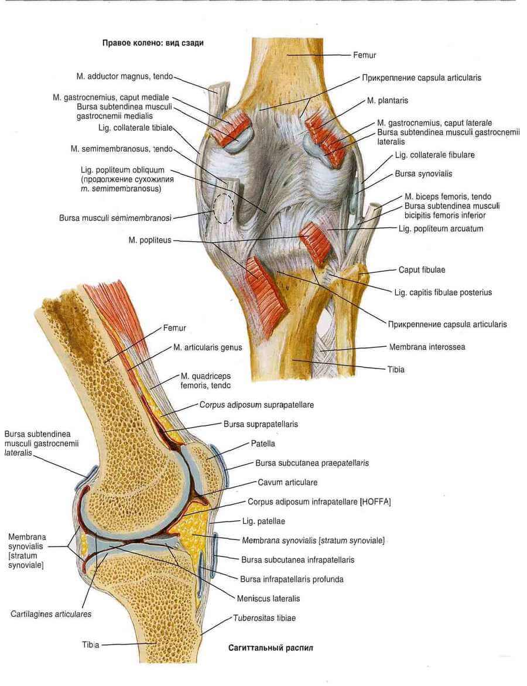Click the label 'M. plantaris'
pyautogui.click(x=387, y=101)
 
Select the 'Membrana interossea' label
pyautogui.click(x=427, y=347)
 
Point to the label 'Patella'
pyautogui.click(x=263, y=443)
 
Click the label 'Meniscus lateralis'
pyautogui.click(x=268, y=599)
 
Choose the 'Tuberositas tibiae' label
pyautogui.click(x=264, y=618)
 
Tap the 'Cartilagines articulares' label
pyautogui.click(x=50, y=615)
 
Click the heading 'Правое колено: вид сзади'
pyautogui.click(x=153, y=43)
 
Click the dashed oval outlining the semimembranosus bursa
pyautogui.click(x=223, y=207)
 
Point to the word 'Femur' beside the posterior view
pyautogui.click(x=364, y=55)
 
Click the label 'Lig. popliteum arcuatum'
pyautogui.click(x=440, y=228)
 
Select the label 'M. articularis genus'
pyautogui.click(x=207, y=347)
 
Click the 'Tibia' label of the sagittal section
pyautogui.click(x=91, y=644)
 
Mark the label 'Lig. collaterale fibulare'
pyautogui.click(x=434, y=155)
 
